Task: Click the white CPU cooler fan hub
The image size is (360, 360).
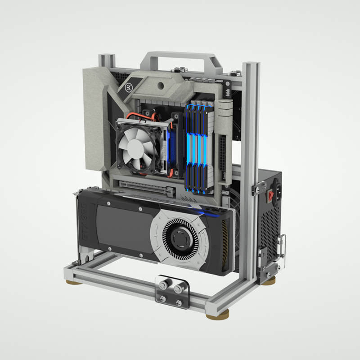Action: tap(135, 147)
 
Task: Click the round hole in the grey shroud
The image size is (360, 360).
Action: tap(160, 85)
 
